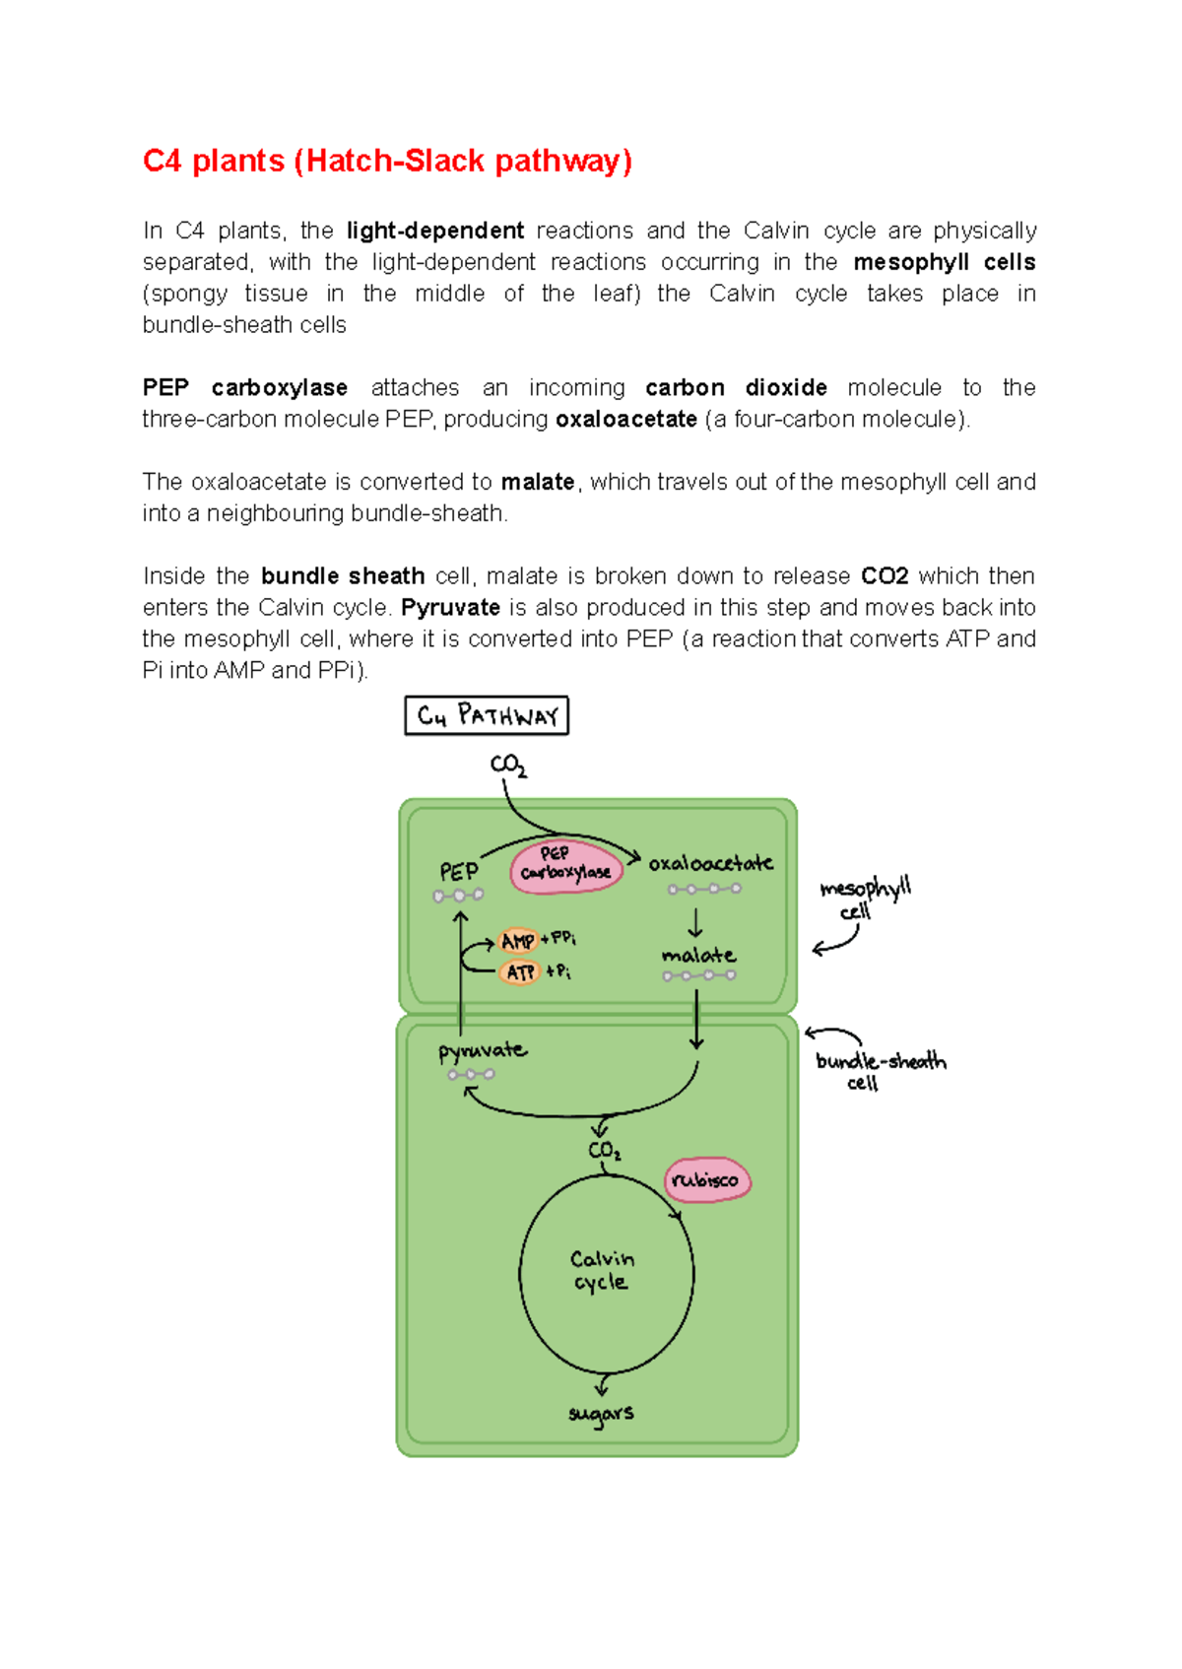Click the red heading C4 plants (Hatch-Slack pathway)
(x=387, y=161)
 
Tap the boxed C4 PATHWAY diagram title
(x=487, y=715)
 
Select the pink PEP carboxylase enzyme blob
(x=565, y=866)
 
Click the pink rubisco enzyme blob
(x=706, y=1179)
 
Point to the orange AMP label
(x=518, y=941)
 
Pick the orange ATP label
(x=519, y=972)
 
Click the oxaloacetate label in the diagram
(x=710, y=863)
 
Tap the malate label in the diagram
(x=698, y=955)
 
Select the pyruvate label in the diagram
(x=482, y=1050)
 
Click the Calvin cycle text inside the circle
(x=602, y=1270)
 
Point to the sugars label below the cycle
(x=601, y=1414)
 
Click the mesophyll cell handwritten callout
(x=864, y=898)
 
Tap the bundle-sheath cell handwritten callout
(x=880, y=1070)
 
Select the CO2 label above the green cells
(x=508, y=765)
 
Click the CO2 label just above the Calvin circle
(x=604, y=1151)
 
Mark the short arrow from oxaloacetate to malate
(x=695, y=923)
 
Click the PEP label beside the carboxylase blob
(x=459, y=872)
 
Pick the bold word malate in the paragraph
(x=538, y=482)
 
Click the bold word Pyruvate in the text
(x=450, y=607)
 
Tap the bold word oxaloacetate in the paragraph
(x=626, y=419)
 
